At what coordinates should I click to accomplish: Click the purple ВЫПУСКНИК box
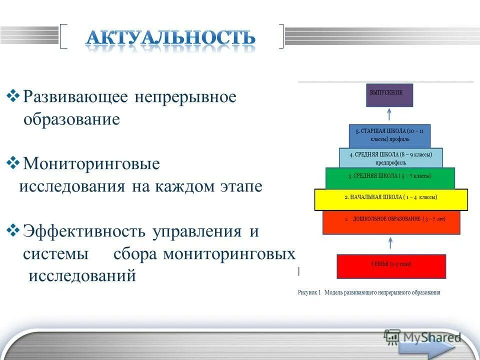click(389, 95)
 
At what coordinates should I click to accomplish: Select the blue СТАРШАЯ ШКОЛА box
click(389, 135)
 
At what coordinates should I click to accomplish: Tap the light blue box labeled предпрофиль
click(390, 157)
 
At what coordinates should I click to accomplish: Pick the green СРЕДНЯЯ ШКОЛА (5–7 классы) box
click(390, 178)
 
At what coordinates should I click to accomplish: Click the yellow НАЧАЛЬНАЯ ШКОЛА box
click(390, 199)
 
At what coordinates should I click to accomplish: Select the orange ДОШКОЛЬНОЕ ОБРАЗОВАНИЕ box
click(391, 222)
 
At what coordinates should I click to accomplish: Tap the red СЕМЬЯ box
click(391, 266)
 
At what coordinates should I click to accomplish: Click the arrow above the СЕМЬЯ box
click(391, 244)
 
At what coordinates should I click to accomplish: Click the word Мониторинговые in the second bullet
click(91, 163)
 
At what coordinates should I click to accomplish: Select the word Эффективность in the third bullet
click(84, 231)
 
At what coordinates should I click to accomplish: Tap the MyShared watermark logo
click(422, 337)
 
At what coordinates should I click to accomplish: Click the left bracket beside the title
click(63, 36)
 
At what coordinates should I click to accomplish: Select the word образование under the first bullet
click(71, 120)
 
